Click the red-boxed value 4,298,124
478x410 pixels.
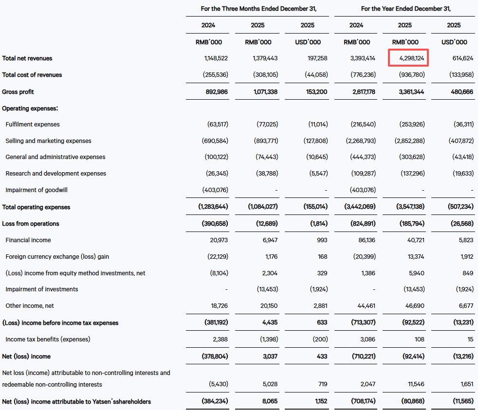point(408,58)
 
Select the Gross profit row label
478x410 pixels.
point(18,92)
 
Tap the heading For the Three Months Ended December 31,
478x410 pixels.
point(258,9)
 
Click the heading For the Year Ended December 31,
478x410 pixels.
point(405,9)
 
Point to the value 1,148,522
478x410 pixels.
point(216,58)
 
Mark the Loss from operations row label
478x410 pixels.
point(31,224)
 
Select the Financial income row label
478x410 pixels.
point(28,240)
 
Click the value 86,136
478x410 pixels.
point(366,240)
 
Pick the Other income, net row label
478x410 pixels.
point(30,306)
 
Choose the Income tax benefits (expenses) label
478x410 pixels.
point(48,339)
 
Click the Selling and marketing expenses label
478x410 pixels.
point(48,141)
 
